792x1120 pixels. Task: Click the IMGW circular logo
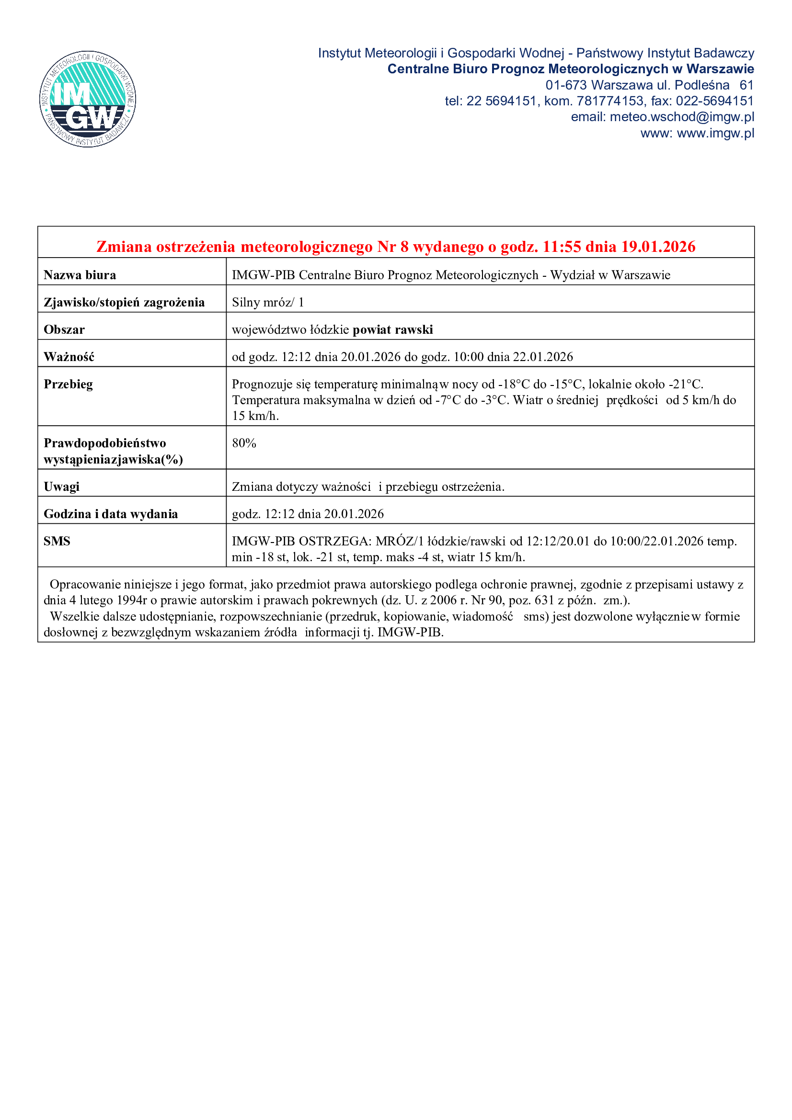(88, 99)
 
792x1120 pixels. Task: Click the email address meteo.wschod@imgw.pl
(681, 117)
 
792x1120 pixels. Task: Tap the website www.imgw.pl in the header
(715, 133)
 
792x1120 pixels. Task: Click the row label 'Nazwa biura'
(80, 275)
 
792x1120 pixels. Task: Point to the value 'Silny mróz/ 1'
(268, 303)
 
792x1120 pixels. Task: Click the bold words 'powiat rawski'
(393, 330)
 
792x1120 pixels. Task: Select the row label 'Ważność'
(69, 357)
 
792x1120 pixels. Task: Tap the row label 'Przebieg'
(69, 385)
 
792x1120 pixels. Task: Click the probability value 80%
(244, 443)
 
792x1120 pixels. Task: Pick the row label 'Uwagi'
(61, 487)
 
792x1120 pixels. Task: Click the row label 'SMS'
(57, 541)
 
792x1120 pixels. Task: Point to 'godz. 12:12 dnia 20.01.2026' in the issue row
(308, 514)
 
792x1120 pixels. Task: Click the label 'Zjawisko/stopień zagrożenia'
(124, 303)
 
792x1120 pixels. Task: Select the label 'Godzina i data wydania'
(111, 514)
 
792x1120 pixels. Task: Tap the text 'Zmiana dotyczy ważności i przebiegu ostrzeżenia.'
(368, 487)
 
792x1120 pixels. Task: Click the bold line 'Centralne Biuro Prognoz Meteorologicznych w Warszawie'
(571, 69)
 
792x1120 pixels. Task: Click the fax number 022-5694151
(714, 101)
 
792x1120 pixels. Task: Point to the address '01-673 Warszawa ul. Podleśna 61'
(649, 85)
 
